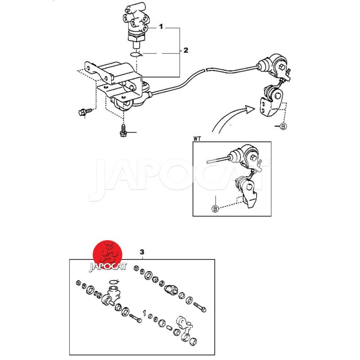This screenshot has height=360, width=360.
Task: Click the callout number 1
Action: click(161, 27)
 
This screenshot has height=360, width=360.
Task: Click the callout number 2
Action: click(185, 50)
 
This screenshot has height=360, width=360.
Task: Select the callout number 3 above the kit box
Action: click(142, 252)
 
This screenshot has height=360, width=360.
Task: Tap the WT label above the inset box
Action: click(197, 139)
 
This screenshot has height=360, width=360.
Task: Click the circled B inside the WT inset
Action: click(215, 209)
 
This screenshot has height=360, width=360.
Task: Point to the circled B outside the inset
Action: click(283, 126)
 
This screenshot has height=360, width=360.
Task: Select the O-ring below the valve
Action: click(136, 54)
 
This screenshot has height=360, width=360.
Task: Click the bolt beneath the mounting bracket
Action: click(123, 130)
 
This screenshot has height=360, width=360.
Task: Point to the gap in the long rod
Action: click(206, 69)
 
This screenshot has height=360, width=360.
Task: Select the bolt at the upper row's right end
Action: click(199, 307)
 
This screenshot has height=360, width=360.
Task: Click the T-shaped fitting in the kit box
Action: click(111, 296)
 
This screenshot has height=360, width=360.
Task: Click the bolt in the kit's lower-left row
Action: click(135, 318)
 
